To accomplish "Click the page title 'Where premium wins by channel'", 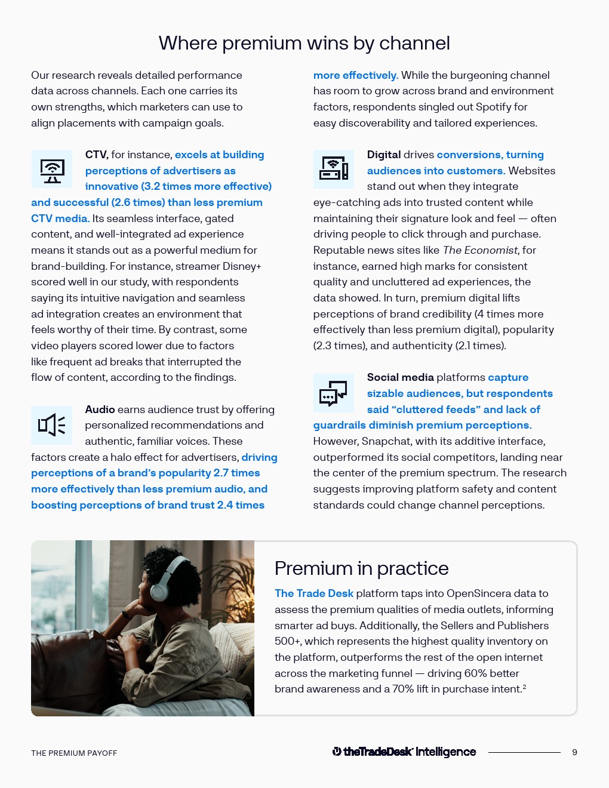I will point(304,43).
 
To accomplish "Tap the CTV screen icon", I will point(52,170).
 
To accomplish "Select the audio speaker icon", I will point(52,425).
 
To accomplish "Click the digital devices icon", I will point(334,170).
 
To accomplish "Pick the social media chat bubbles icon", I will point(334,393).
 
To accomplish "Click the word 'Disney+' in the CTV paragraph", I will point(242,266).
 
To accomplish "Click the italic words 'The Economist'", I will point(481,250).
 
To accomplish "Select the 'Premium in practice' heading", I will point(361,568).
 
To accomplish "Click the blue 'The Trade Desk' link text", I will point(314,593).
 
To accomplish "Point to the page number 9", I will point(574,752).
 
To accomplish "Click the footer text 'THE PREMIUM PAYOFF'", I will point(74,753).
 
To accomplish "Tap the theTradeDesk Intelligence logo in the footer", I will point(404,752).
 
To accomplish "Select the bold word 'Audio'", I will point(100,410).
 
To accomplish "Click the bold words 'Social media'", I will point(400,377).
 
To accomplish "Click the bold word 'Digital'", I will point(384,155).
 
